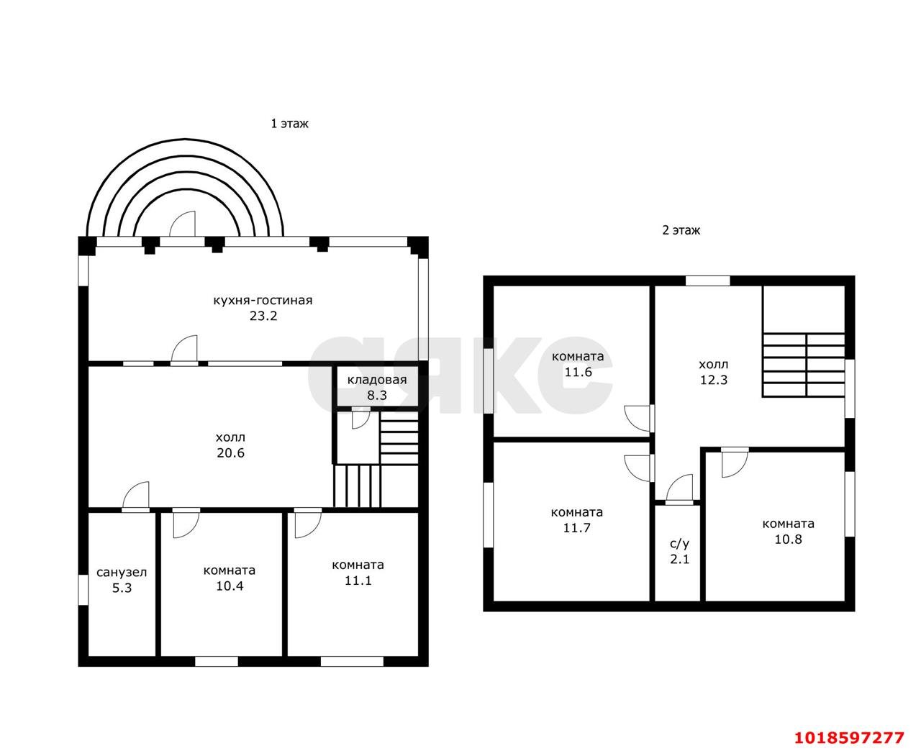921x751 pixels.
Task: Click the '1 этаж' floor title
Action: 289,124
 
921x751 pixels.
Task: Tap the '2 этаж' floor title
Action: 681,230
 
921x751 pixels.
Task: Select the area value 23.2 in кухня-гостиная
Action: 263,316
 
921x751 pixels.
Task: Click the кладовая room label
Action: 377,380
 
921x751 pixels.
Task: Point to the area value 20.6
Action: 230,452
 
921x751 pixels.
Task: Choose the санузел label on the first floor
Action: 122,573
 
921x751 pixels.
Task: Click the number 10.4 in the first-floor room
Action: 230,586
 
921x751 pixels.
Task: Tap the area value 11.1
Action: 358,581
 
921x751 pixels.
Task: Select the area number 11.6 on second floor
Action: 579,372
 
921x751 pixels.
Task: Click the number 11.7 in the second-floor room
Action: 577,528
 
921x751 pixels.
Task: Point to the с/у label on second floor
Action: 679,544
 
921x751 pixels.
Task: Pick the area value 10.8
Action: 788,540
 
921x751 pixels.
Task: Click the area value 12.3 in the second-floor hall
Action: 714,380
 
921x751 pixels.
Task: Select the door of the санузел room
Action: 136,496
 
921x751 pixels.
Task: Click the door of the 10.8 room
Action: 734,463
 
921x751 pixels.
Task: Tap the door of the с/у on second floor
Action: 679,489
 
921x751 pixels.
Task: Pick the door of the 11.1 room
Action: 308,523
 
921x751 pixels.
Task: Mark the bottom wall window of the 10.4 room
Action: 216,661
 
